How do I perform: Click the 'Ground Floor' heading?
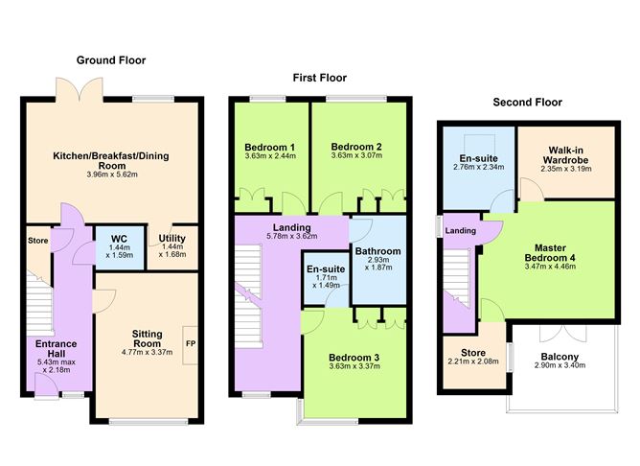[x=110, y=60]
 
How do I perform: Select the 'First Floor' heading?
[x=318, y=78]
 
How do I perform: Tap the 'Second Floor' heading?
[x=527, y=102]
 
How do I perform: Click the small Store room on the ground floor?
[x=38, y=241]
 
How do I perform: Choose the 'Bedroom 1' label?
[x=269, y=147]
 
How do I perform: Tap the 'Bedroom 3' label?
[x=354, y=358]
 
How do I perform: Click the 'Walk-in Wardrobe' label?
[x=560, y=154]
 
